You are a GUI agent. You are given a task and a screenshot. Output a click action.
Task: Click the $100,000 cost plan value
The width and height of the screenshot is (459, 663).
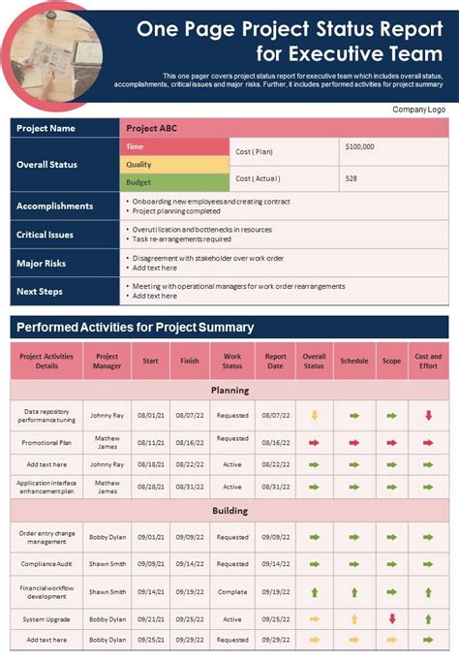point(359,146)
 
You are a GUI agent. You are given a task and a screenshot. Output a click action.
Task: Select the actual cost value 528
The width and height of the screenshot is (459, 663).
point(352,178)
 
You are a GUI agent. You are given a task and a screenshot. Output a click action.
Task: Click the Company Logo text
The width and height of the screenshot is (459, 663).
point(417,110)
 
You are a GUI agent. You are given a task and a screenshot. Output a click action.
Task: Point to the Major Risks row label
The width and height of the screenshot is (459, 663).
point(42,263)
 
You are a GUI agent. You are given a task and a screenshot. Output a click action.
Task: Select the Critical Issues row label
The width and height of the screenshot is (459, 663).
point(46,235)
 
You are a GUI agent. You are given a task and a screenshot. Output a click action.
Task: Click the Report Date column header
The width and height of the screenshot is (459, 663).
point(276,361)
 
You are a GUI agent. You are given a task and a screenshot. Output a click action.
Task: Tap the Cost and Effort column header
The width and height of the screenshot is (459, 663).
point(428,361)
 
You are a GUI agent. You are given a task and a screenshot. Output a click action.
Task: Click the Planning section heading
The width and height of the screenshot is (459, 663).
point(229,391)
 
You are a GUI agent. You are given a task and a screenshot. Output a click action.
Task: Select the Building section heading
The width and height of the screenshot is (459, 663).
point(229,511)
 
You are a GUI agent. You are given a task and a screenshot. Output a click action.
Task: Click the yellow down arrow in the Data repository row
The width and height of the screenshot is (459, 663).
point(314,415)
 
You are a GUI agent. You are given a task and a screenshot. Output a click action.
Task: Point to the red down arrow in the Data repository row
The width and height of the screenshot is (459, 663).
point(428,415)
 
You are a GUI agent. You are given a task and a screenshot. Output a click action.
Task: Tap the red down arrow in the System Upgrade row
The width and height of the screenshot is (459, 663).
point(392,618)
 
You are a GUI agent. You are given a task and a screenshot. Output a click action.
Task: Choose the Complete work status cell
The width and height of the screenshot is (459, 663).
point(232,590)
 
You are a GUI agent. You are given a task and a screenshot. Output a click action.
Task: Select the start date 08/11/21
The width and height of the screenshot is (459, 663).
point(151,442)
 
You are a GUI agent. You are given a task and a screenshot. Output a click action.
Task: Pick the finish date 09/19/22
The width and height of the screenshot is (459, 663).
point(190,590)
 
